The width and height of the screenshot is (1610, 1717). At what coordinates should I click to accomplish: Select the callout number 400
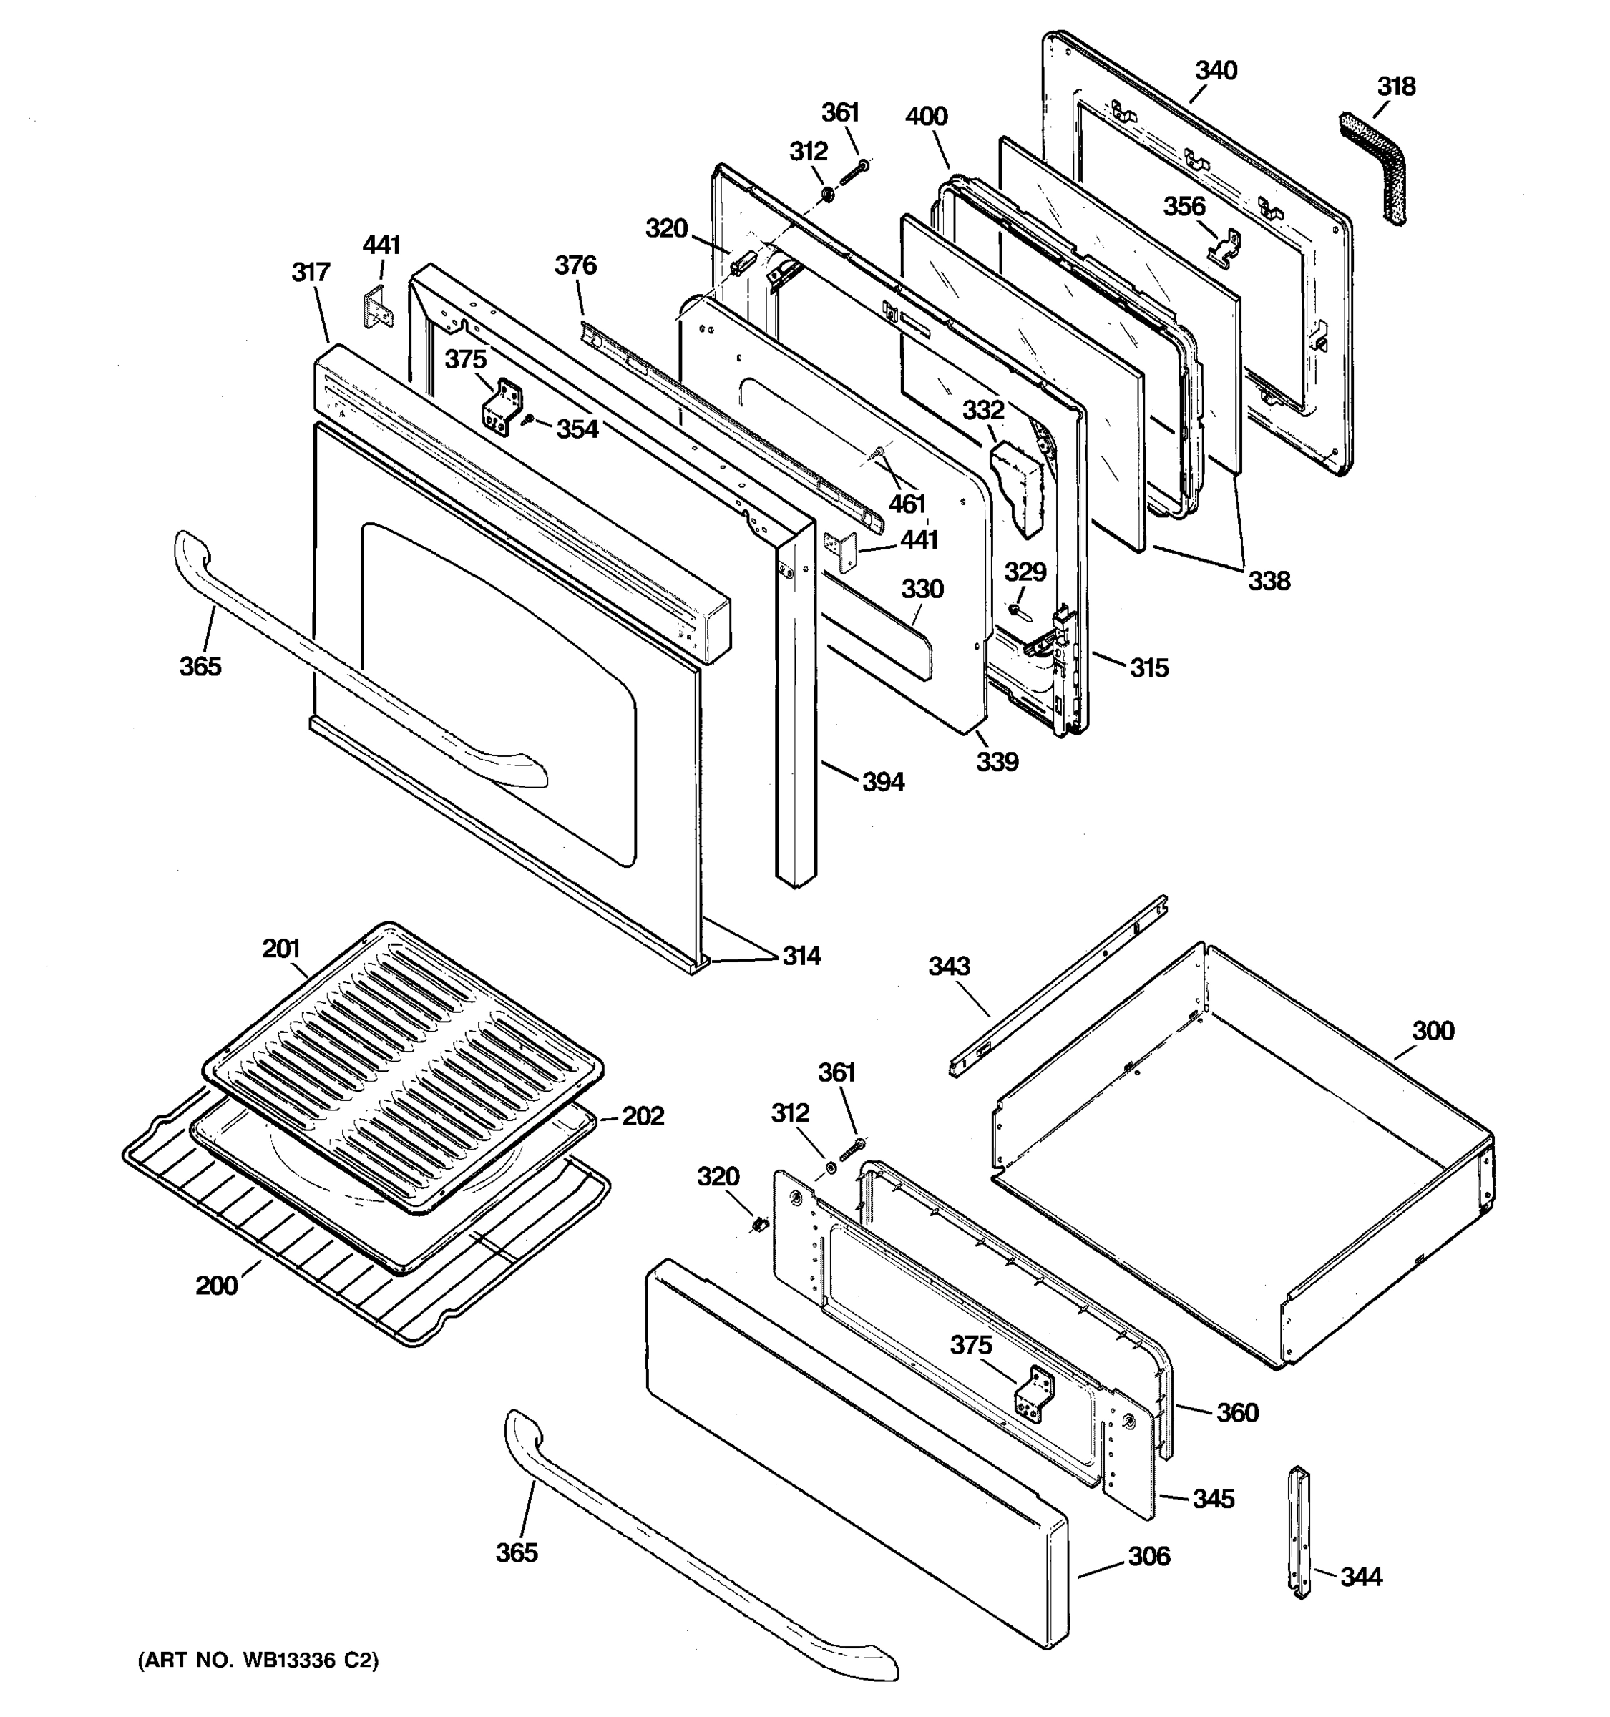[x=926, y=117]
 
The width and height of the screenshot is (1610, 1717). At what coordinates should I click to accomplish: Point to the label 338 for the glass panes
[x=1268, y=580]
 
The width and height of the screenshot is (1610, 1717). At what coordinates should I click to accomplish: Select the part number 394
[x=883, y=782]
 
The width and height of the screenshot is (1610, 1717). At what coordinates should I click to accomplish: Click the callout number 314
[x=801, y=956]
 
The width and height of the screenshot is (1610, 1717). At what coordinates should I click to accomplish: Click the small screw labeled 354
[x=529, y=420]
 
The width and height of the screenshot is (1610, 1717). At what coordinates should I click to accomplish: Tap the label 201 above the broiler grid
[x=280, y=949]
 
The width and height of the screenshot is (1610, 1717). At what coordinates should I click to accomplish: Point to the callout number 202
[x=643, y=1116]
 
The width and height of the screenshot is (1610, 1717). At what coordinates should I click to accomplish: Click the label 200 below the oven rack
[x=216, y=1286]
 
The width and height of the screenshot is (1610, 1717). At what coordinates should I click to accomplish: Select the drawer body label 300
[x=1433, y=1030]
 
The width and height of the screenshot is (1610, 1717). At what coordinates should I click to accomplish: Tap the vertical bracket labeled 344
[x=1300, y=1530]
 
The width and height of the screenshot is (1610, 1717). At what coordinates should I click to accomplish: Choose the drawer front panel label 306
[x=1148, y=1556]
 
